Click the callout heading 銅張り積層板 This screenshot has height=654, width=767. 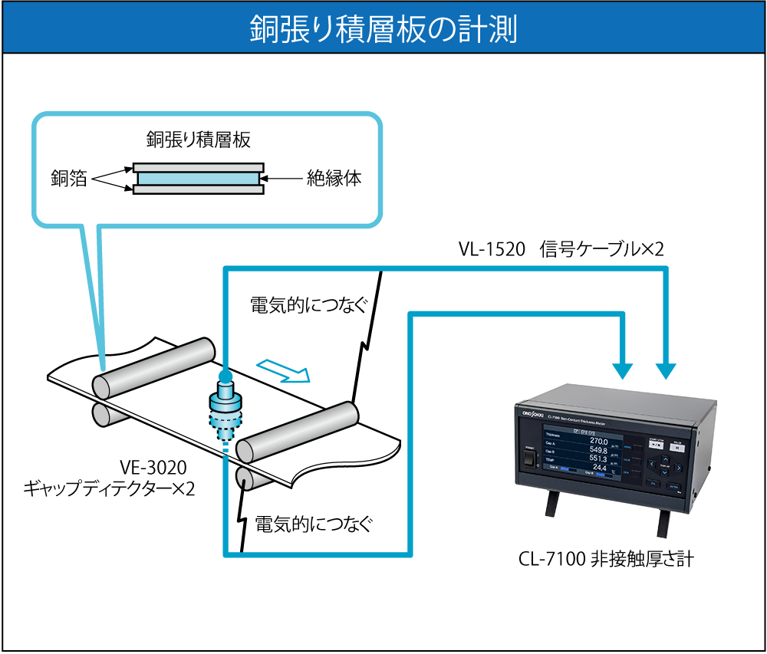(199, 140)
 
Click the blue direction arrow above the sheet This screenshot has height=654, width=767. (284, 371)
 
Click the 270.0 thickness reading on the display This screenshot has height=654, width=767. (599, 442)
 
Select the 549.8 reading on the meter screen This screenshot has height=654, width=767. (597, 450)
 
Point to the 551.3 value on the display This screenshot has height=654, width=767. (598, 458)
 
